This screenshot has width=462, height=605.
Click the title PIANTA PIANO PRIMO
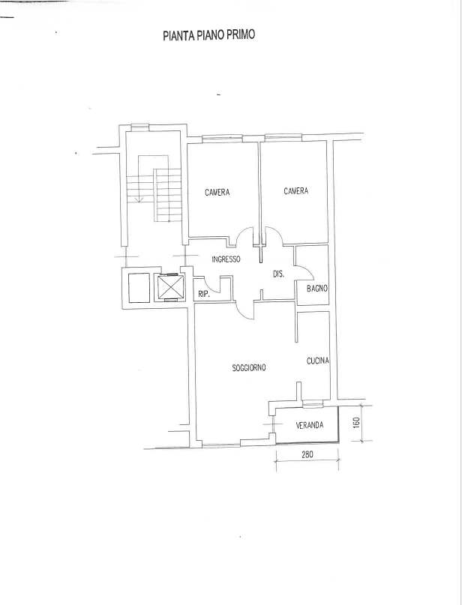[208, 35]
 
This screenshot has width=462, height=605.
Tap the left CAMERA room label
[217, 192]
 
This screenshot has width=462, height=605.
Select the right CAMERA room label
[296, 190]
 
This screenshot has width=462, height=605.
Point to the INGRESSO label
[226, 259]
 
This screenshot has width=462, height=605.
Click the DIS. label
[278, 274]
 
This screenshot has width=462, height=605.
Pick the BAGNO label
[317, 288]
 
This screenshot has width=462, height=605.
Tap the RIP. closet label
[204, 295]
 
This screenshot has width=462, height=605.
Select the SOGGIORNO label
[249, 367]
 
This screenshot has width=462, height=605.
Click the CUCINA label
[318, 361]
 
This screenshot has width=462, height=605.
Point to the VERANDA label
[310, 425]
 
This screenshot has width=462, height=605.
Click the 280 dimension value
[307, 454]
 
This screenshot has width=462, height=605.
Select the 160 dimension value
[357, 422]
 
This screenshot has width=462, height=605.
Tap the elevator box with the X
[169, 287]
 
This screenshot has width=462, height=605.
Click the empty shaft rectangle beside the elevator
[139, 288]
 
